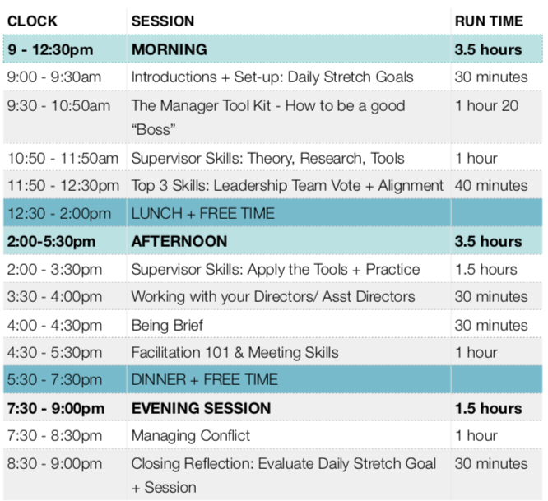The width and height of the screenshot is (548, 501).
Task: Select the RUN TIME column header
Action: [488, 21]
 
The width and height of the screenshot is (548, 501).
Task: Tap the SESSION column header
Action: [163, 21]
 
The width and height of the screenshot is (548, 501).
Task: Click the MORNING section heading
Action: [170, 49]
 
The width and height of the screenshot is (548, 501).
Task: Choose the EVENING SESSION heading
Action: [201, 408]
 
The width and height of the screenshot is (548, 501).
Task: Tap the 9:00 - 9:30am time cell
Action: [55, 77]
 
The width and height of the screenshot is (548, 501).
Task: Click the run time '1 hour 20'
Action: [488, 105]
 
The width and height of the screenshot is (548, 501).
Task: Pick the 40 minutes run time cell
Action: [491, 186]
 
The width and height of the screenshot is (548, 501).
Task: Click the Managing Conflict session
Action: [191, 436]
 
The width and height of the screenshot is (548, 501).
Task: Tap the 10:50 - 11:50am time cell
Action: [63, 158]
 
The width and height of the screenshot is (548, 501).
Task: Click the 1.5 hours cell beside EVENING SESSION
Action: [488, 408]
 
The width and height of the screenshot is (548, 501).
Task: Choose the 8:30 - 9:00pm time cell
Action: [55, 464]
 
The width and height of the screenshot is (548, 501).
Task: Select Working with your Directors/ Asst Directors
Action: [273, 297]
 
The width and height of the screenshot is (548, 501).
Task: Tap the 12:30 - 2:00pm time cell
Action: [58, 214]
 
